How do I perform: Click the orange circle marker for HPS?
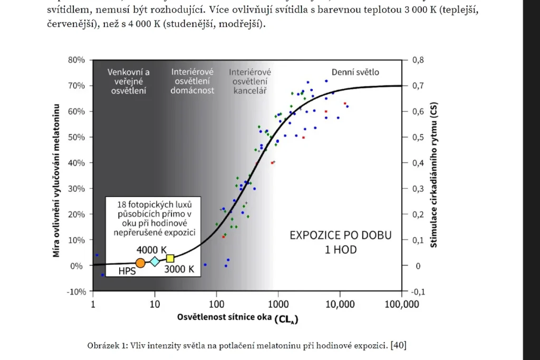tap(140, 262)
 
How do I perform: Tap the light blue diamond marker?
tap(155, 261)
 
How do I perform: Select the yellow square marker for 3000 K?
tap(170, 258)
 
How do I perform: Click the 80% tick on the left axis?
tap(76, 60)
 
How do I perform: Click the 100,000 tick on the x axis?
tap(402, 305)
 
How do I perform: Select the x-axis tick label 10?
tap(155, 305)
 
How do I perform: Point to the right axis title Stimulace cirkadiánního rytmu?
tap(433, 175)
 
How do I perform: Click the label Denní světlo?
tap(355, 72)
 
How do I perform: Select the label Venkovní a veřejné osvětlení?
tap(129, 81)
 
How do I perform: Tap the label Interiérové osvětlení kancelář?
tap(250, 81)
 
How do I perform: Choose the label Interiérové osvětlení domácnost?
tap(192, 81)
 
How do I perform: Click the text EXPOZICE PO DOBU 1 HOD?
tap(340, 242)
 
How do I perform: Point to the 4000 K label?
tap(152, 249)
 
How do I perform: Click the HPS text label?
tap(127, 271)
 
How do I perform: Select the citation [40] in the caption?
tap(398, 345)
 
